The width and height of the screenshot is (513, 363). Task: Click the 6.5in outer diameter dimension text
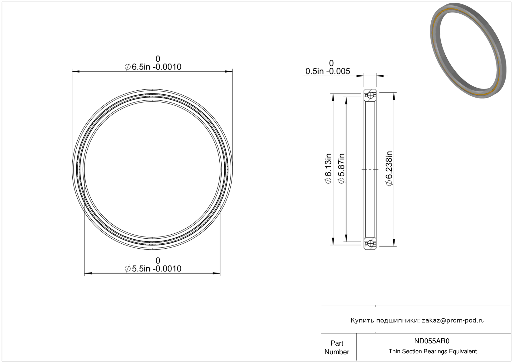[x=153, y=67]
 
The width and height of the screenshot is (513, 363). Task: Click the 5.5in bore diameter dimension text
[x=153, y=269]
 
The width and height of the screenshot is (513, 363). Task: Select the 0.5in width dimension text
[x=328, y=71]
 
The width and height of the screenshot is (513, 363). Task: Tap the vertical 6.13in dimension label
[x=328, y=169]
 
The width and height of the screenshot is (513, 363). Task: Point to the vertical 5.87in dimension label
[x=341, y=169]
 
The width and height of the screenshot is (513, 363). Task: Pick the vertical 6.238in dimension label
[x=389, y=169]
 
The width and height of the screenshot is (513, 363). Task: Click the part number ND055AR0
[x=432, y=341]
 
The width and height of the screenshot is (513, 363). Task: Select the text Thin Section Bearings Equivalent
[x=433, y=351]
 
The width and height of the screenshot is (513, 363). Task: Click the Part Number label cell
[x=337, y=347]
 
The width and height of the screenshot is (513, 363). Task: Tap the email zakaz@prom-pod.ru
[x=453, y=320]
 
